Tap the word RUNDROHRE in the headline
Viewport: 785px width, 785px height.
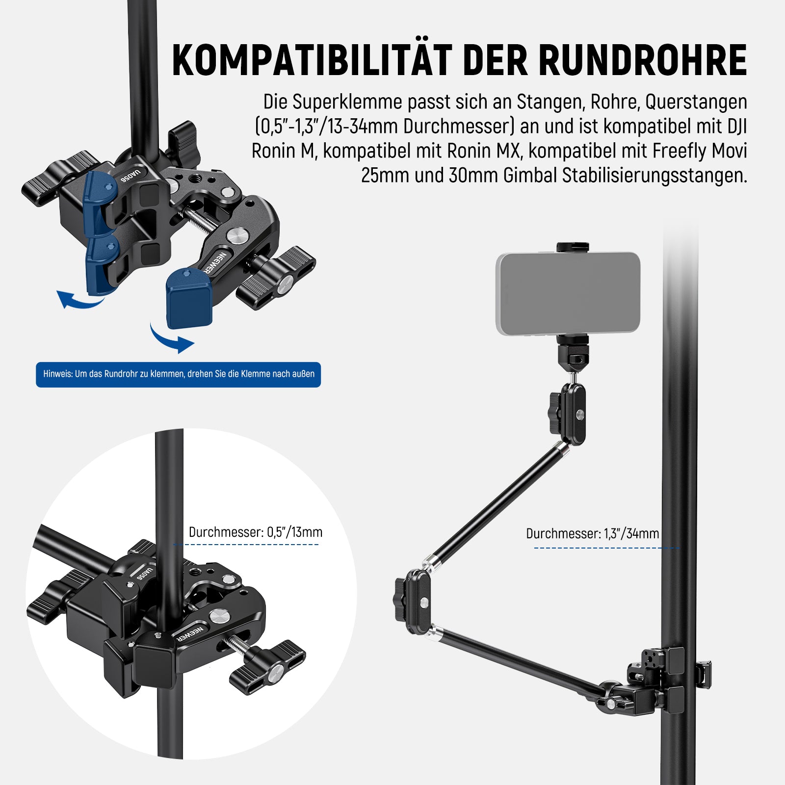(643, 60)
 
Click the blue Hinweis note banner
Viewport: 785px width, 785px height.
(178, 374)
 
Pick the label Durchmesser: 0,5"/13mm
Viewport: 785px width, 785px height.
(256, 532)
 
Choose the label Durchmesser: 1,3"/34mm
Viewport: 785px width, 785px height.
(593, 534)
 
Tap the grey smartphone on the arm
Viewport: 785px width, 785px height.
(568, 293)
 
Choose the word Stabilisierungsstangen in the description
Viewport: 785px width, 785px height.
(655, 176)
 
